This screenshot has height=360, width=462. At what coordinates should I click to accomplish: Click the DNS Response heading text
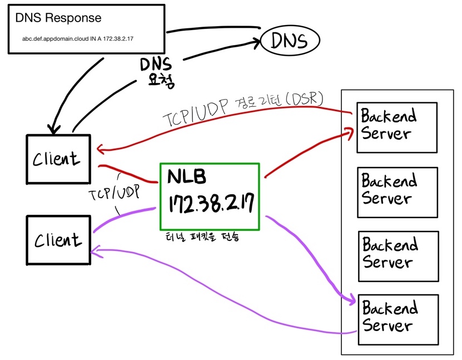pyautogui.click(x=58, y=18)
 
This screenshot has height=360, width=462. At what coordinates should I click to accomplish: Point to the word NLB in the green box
pyautogui.click(x=187, y=177)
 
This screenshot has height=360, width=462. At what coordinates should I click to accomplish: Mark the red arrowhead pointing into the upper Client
pyautogui.click(x=100, y=149)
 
